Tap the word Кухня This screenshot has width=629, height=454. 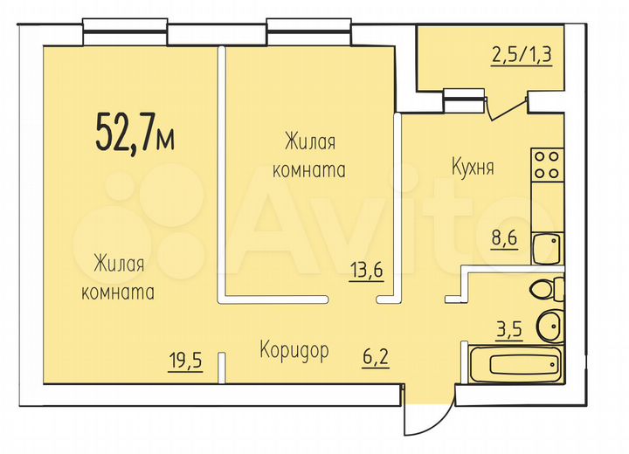[x=473, y=167]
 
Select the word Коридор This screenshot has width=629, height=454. [x=294, y=351]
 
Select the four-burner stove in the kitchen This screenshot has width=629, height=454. [x=547, y=165]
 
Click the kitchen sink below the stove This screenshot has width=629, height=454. [x=547, y=248]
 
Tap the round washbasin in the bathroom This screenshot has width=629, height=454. [x=550, y=325]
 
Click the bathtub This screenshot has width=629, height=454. [x=515, y=366]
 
